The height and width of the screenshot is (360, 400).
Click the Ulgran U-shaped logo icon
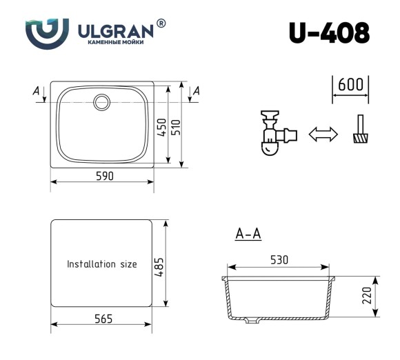click(x=47, y=31)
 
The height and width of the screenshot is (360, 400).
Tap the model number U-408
click(x=329, y=32)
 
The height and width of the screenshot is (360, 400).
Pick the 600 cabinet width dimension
click(x=350, y=85)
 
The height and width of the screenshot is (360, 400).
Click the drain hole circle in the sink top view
click(x=102, y=102)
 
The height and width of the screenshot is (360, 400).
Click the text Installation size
click(x=101, y=264)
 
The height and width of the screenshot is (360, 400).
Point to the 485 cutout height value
click(x=159, y=264)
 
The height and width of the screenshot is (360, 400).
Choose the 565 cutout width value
click(x=102, y=318)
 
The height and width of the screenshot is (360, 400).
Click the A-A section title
click(x=248, y=234)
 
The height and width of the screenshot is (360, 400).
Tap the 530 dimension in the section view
click(x=279, y=260)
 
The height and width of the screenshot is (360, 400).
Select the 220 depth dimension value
click(x=367, y=297)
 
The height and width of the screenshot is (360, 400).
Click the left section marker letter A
click(x=36, y=90)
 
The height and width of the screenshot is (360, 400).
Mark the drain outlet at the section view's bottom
click(x=252, y=320)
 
